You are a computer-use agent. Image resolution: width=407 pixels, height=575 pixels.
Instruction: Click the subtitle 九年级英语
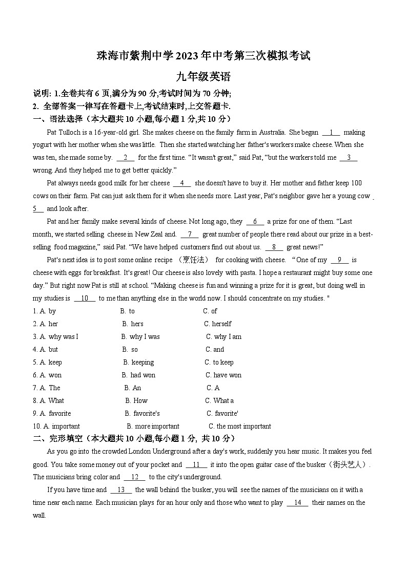[x=203, y=77]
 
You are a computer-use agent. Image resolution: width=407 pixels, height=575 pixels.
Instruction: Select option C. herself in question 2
[x=218, y=324]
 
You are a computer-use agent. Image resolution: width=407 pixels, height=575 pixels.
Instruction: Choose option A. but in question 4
[x=46, y=349]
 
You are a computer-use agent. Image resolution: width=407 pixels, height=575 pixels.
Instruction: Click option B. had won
[x=139, y=375]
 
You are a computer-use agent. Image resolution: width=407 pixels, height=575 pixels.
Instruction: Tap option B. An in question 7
[x=132, y=388]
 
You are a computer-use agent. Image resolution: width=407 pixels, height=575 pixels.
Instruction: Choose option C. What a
[x=219, y=400]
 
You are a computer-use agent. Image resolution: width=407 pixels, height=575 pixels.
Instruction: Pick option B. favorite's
[x=142, y=413]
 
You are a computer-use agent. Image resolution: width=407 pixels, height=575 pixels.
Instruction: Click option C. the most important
[x=239, y=426]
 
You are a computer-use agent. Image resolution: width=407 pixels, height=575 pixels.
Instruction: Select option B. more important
[x=153, y=426]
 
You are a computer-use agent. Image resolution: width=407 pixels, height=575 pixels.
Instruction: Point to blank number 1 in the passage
[x=331, y=132]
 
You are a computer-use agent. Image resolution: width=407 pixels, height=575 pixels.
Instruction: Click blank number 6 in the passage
[x=255, y=222]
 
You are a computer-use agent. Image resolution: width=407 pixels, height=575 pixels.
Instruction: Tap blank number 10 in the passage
[x=85, y=298]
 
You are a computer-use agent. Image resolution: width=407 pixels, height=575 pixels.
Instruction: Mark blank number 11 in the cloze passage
[x=196, y=464]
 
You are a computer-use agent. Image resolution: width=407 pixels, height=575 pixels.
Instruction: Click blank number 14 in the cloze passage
[x=297, y=502]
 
